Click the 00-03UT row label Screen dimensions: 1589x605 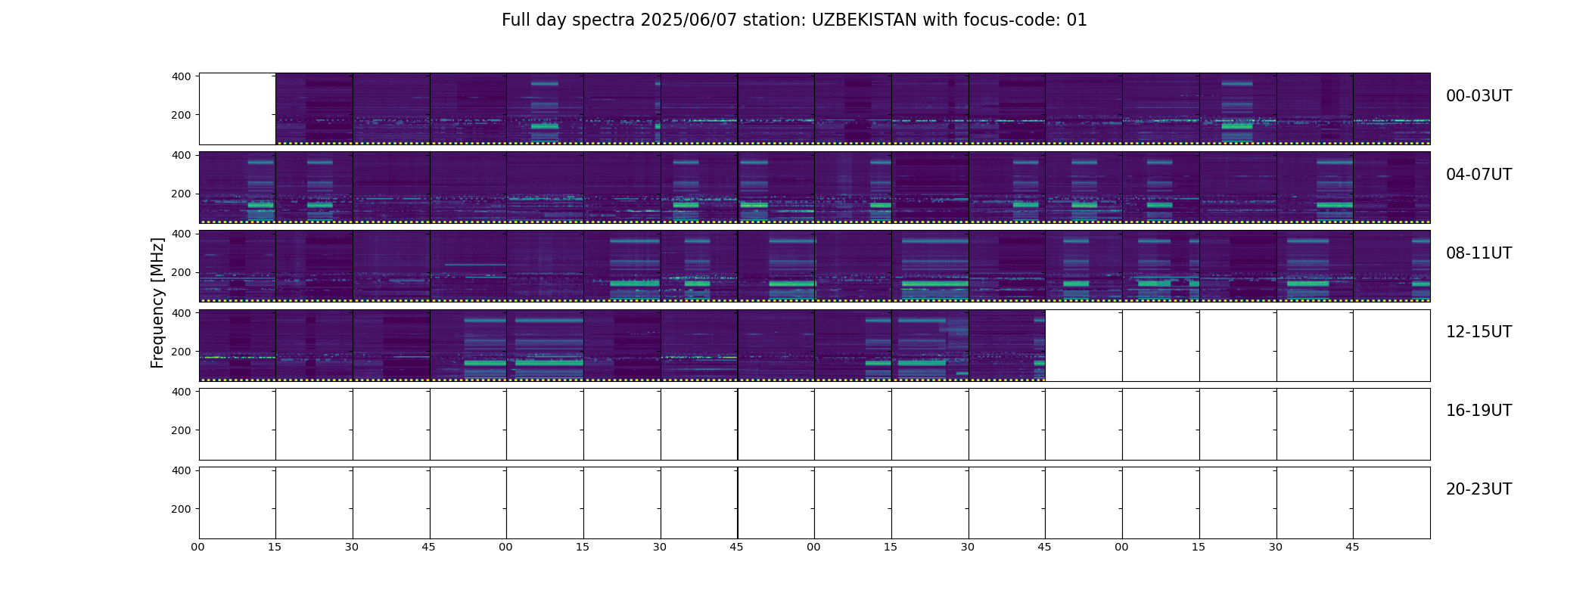1479,96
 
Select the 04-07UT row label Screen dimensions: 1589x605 1479,175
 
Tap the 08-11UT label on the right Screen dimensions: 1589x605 1479,253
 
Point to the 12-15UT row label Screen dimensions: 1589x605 1479,332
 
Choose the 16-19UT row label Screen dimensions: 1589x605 1479,411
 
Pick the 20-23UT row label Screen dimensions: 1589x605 1479,489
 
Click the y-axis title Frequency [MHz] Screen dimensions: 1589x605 157,302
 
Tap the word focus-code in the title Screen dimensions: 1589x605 1012,20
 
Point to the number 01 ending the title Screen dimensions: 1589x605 1077,20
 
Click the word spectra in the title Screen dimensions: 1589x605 604,21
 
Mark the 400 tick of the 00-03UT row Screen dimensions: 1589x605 182,76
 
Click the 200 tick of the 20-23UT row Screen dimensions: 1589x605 182,509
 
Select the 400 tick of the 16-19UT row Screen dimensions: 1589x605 182,392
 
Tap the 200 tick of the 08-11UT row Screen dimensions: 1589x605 182,273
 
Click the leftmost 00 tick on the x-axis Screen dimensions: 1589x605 198,547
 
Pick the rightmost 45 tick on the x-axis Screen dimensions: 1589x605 1352,547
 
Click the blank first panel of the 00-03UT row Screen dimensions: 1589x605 238,109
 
